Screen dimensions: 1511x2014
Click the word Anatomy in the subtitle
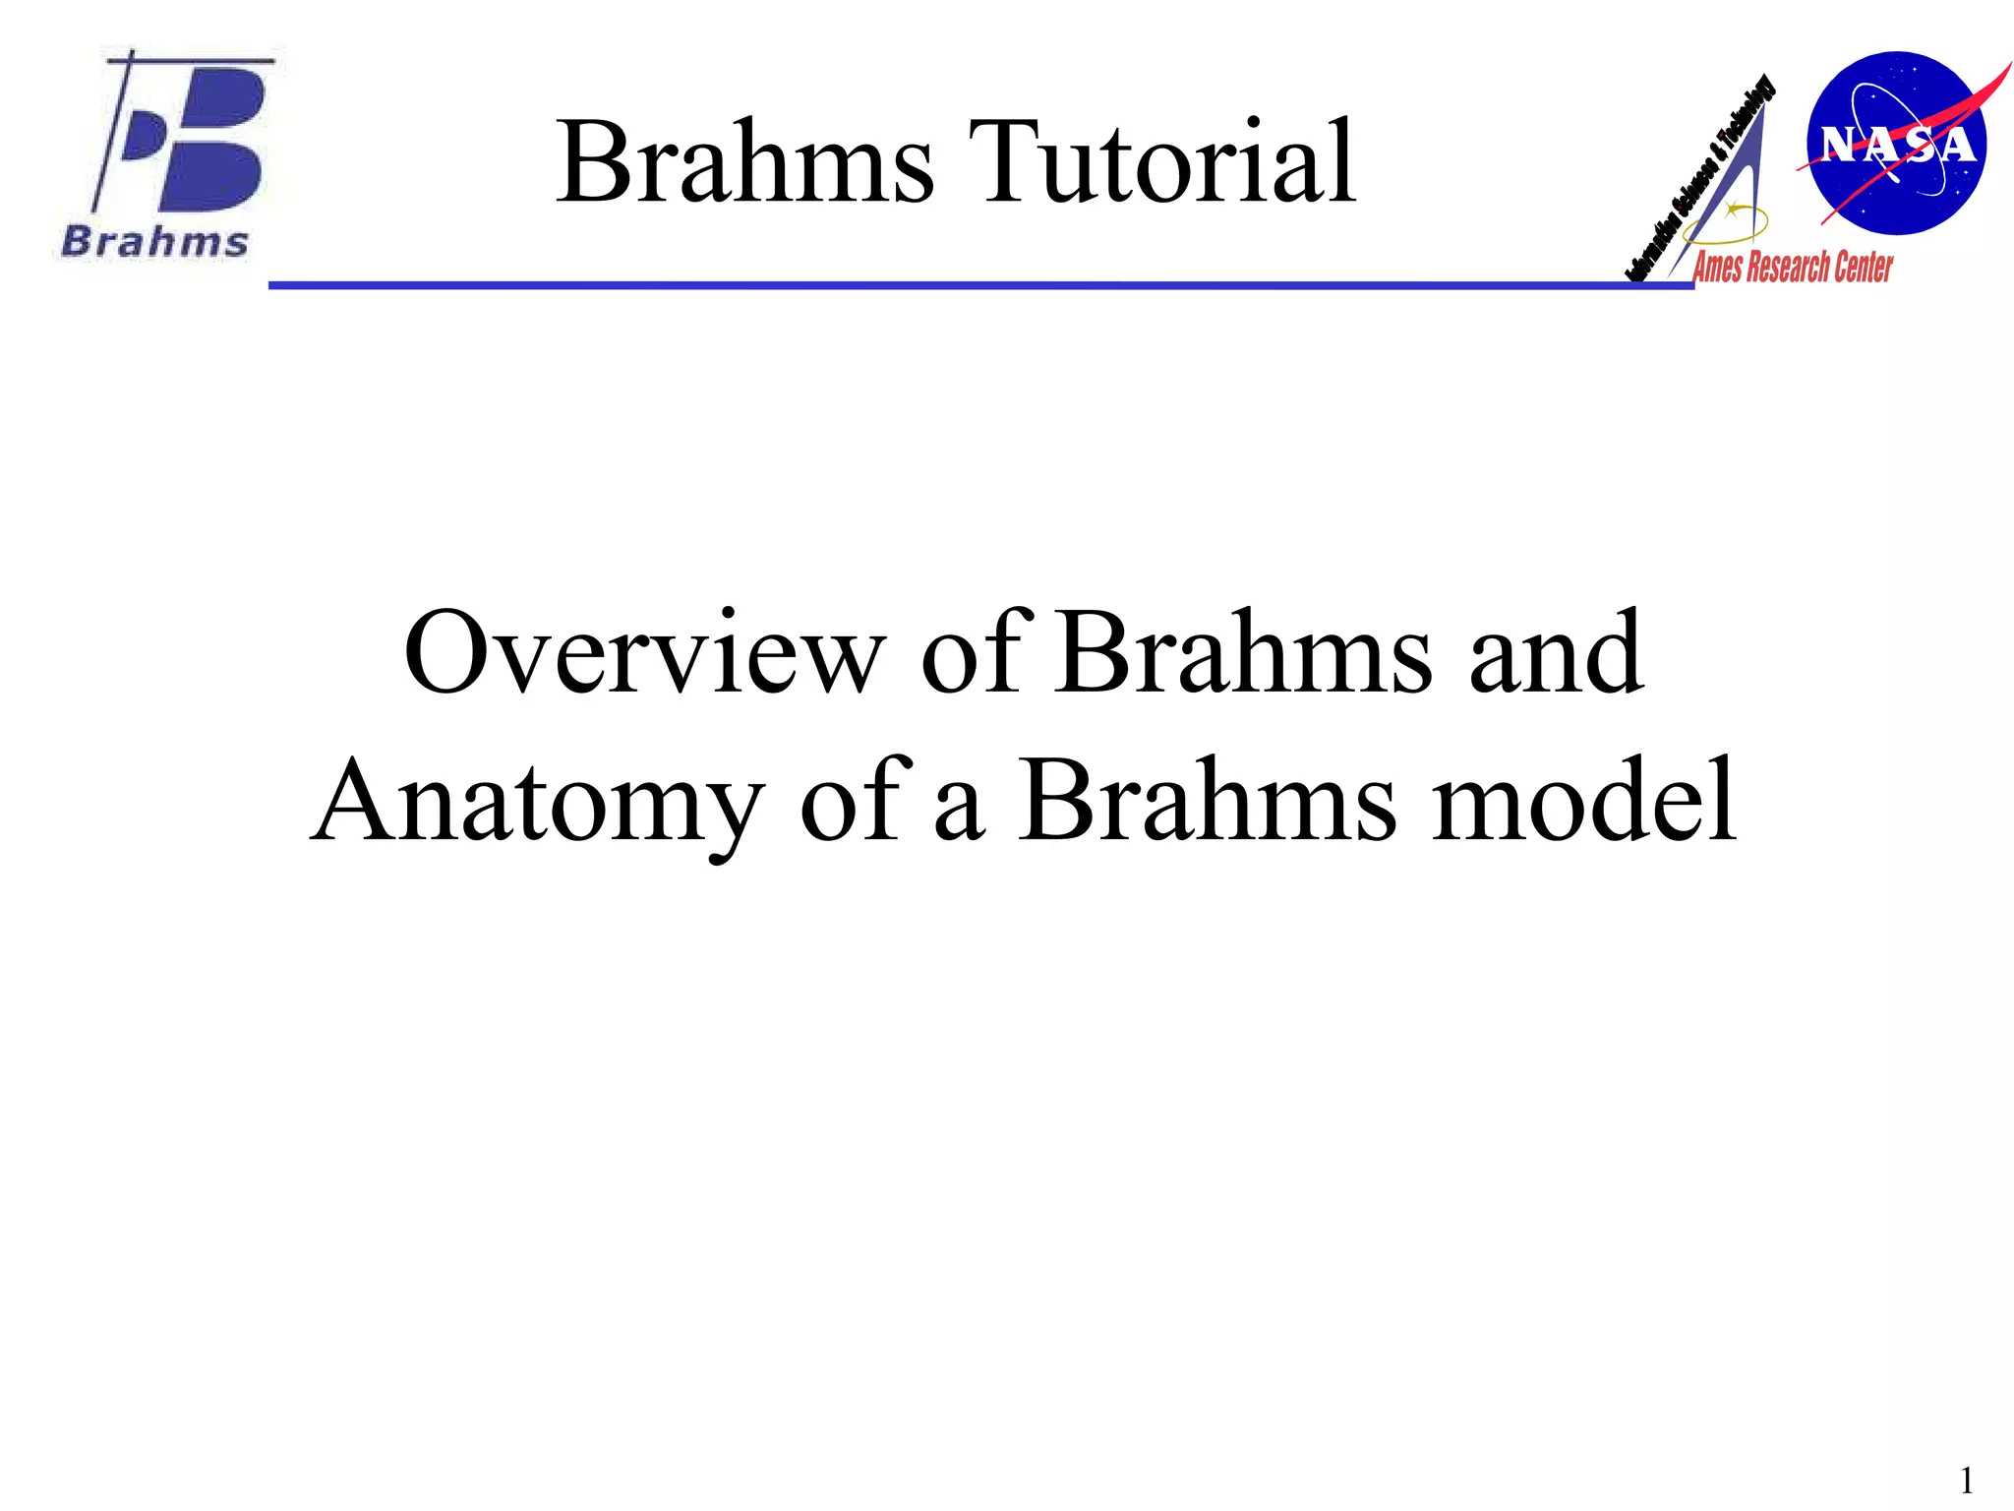tap(537, 802)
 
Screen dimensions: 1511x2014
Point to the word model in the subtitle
tap(1584, 802)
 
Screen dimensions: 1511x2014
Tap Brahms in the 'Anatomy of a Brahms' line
tap(1206, 802)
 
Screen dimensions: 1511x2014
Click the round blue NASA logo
tap(1896, 144)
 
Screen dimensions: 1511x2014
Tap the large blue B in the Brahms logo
tap(211, 138)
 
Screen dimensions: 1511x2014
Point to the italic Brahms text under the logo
tap(155, 242)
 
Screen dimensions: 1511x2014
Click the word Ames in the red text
tap(1717, 268)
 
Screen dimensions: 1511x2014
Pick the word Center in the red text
tap(1863, 268)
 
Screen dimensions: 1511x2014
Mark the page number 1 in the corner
tap(1967, 1481)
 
